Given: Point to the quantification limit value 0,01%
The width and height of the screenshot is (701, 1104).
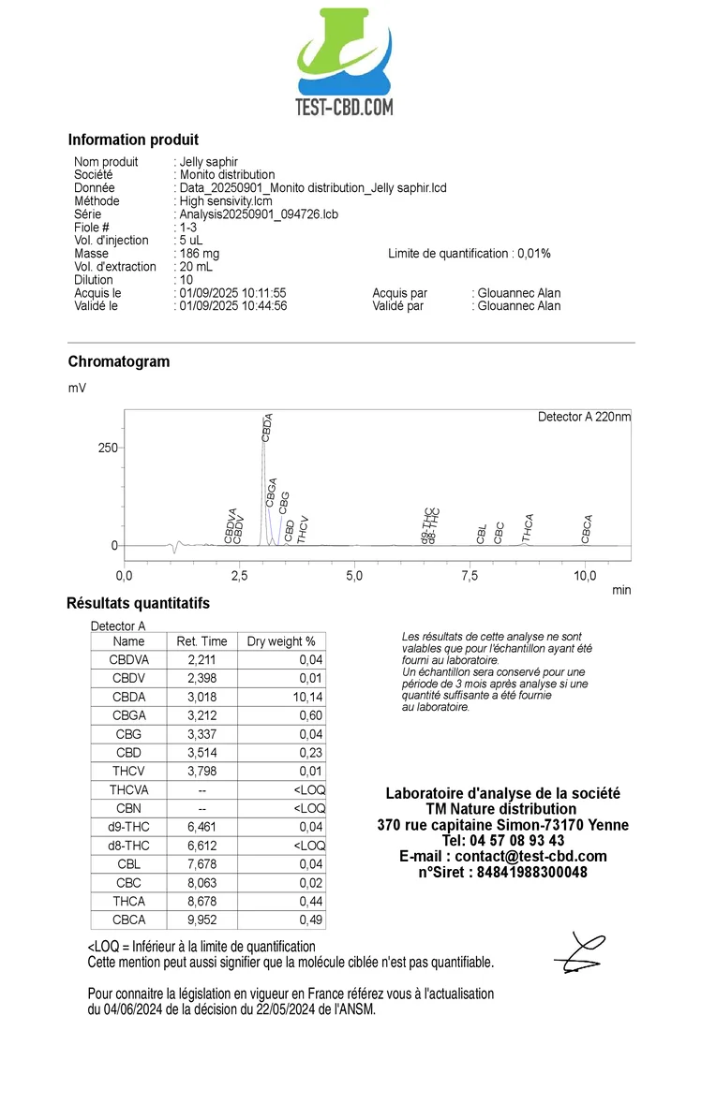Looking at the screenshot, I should [x=532, y=254].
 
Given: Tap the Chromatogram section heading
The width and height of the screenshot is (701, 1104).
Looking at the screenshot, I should [x=118, y=361].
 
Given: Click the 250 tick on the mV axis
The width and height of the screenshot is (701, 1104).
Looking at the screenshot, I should [x=108, y=448].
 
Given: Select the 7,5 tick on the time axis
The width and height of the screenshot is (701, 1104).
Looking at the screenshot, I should [x=470, y=576].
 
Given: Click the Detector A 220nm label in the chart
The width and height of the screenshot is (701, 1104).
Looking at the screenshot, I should [x=584, y=417].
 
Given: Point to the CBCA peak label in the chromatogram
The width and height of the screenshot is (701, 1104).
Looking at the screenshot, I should [x=587, y=529].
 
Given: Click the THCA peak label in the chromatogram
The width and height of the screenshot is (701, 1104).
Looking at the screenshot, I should [x=529, y=528].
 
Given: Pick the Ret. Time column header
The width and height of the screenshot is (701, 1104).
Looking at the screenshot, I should [x=201, y=641].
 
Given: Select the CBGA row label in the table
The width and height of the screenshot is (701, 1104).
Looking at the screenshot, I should [x=128, y=715].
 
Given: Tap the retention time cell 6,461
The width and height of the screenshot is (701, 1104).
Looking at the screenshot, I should [x=201, y=827].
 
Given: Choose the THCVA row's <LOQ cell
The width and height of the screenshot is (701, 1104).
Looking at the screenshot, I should [x=309, y=789].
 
